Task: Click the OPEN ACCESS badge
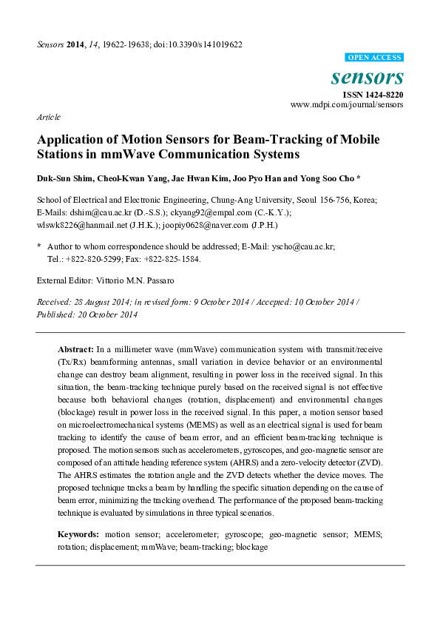point(375,57)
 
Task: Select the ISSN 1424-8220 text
point(373,94)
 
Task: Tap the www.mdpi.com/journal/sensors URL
point(347,105)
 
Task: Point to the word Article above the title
point(49,117)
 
